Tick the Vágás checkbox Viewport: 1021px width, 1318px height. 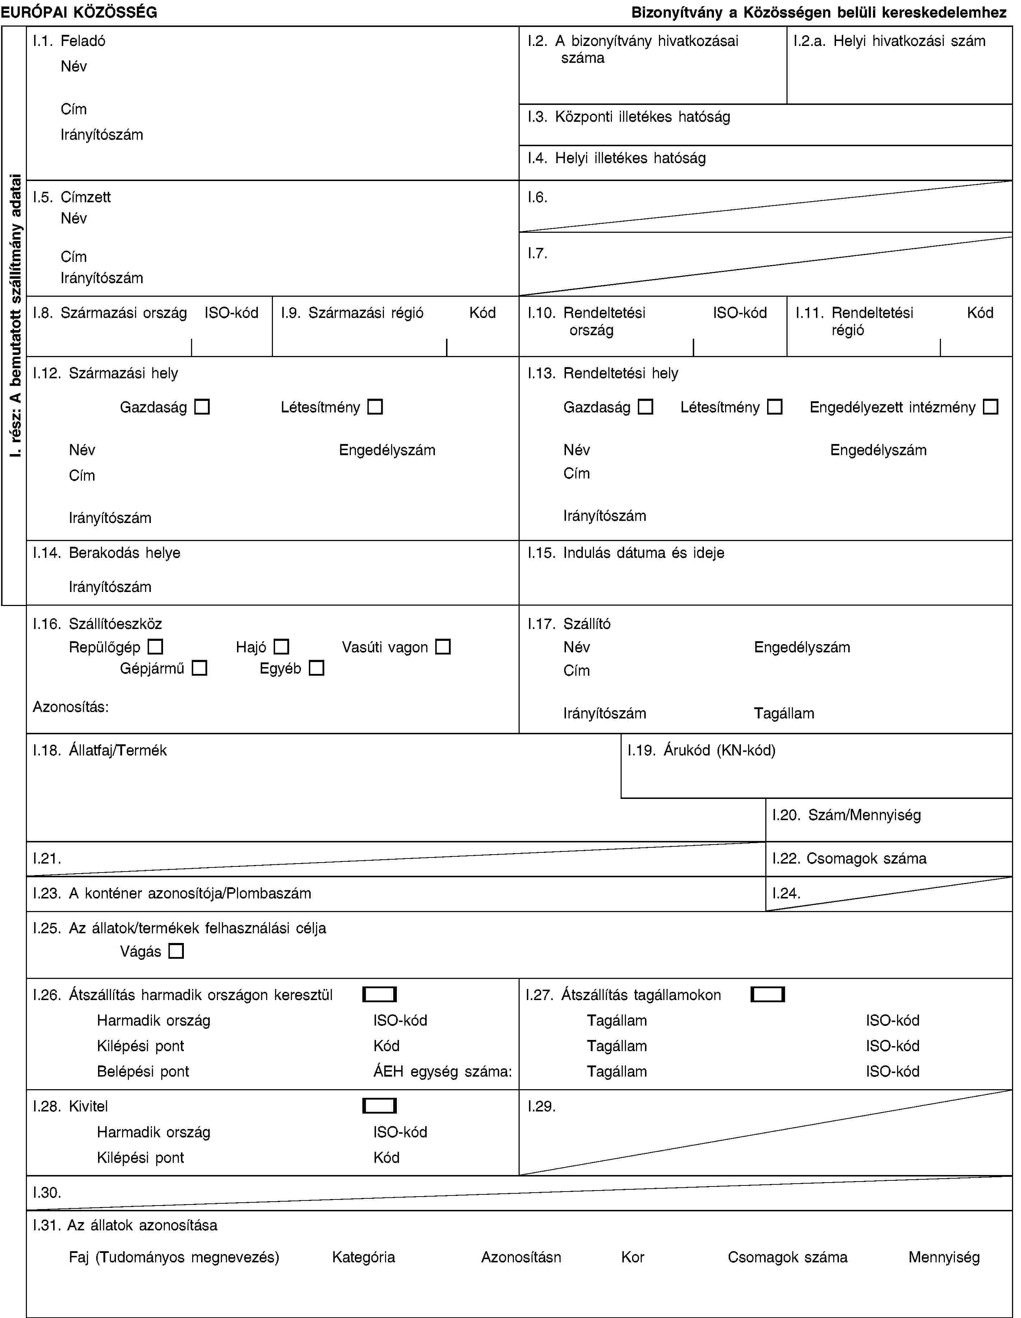point(176,952)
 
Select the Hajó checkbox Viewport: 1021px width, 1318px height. point(281,647)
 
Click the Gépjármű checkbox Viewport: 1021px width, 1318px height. point(200,668)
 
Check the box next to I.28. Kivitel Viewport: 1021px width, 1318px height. point(380,1106)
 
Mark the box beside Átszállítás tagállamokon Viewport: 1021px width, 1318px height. point(767,995)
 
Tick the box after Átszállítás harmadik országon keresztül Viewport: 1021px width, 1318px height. point(380,995)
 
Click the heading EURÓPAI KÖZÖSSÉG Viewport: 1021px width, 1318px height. point(79,12)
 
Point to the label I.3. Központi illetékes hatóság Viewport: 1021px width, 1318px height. point(628,116)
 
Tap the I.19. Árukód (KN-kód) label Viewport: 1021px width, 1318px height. point(701,750)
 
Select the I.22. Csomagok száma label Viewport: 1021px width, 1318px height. point(849,858)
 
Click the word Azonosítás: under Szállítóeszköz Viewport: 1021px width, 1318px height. point(71,707)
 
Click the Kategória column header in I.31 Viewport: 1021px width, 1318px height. point(363,1257)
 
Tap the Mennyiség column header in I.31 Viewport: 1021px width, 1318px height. point(944,1257)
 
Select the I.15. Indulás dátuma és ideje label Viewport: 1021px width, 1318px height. point(626,553)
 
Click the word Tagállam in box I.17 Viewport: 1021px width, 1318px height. point(784,713)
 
